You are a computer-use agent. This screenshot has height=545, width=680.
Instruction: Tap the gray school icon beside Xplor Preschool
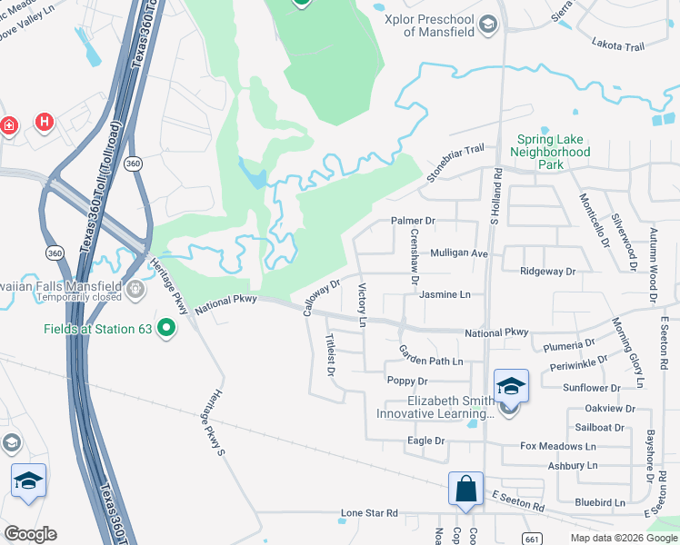(x=489, y=24)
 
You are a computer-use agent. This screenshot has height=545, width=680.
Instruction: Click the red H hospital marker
(x=43, y=122)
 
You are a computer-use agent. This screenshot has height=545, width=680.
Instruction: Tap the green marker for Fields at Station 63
(x=166, y=327)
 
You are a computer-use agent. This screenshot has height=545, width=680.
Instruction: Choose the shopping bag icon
(x=465, y=489)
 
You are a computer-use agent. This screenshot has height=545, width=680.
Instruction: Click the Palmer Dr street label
(x=414, y=221)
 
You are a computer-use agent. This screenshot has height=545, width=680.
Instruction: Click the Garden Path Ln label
(x=432, y=361)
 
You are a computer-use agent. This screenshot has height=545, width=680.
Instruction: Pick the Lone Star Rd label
(x=370, y=513)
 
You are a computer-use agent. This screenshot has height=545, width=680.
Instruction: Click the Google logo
(x=31, y=534)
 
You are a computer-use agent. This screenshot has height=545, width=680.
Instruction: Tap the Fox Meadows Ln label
(x=557, y=446)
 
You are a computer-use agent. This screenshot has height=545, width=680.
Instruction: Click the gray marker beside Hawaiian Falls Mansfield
(x=135, y=290)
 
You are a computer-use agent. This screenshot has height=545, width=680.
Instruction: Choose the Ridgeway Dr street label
(x=548, y=272)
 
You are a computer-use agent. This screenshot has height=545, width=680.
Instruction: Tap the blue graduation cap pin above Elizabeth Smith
(x=511, y=387)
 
